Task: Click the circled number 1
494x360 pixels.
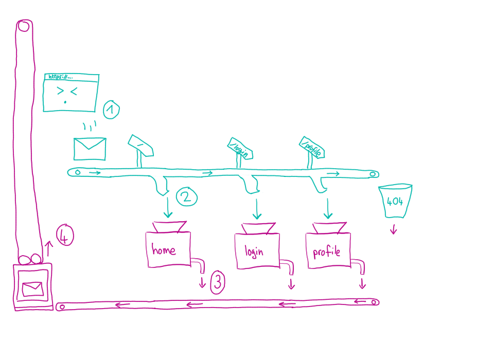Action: pos(111,110)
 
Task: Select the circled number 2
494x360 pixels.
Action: pos(187,196)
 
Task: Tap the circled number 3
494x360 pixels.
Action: pos(218,282)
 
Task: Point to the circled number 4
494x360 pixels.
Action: pos(65,236)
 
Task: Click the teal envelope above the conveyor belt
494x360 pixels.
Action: pos(90,149)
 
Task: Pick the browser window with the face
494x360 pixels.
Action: pos(70,93)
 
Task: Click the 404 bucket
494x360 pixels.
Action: pos(395,201)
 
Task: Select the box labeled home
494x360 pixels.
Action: pos(168,249)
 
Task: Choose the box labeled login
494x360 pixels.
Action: pos(257,251)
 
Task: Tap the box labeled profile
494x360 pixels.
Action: pos(327,251)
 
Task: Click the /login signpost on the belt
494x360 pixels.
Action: pos(240,148)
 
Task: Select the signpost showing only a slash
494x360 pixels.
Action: pos(141,145)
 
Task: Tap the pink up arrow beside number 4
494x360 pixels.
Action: pos(49,248)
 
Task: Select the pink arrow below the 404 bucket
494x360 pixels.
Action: pos(394,229)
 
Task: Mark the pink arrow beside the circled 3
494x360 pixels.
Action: pos(202,281)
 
